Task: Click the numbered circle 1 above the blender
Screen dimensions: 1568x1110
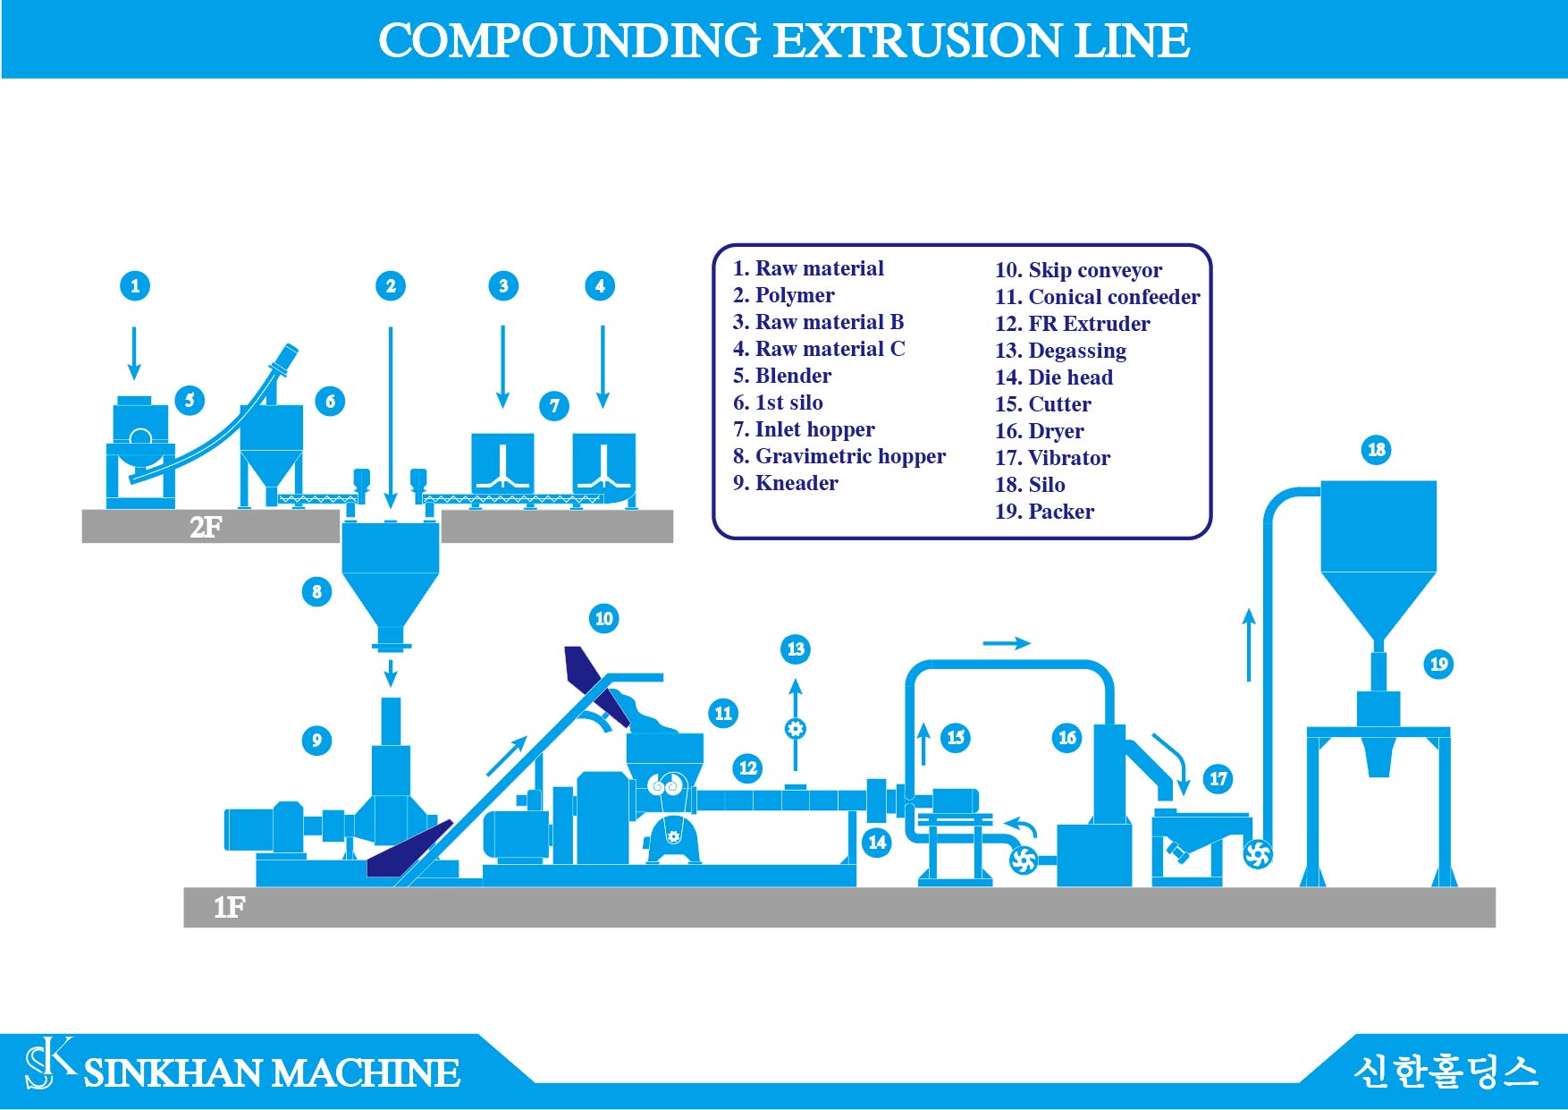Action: [x=135, y=286]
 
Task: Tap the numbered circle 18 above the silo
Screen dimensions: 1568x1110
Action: [x=1377, y=450]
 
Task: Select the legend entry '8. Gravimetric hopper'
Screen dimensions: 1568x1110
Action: [x=839, y=456]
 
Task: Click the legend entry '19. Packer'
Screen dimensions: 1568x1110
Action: [x=1044, y=512]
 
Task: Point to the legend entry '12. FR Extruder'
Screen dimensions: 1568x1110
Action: [x=1072, y=324]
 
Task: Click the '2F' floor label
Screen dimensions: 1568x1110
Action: [x=206, y=527]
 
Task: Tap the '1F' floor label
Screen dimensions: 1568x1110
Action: [x=229, y=907]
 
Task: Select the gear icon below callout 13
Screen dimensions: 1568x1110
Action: [x=795, y=728]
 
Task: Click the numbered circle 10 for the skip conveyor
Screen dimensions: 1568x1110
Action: [x=604, y=618]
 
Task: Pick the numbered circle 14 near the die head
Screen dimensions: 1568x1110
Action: [x=877, y=842]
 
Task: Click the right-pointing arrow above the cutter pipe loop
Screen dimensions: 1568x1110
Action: [x=1007, y=642]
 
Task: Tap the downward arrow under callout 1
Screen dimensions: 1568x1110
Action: [x=134, y=353]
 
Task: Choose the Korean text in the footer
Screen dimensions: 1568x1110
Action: [x=1446, y=1071]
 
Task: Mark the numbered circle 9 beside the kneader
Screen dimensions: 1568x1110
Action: [x=316, y=740]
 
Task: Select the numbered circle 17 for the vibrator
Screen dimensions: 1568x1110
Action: [x=1218, y=779]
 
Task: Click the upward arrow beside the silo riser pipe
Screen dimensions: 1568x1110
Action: [x=1249, y=645]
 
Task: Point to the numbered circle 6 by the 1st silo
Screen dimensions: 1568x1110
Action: [x=330, y=401]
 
